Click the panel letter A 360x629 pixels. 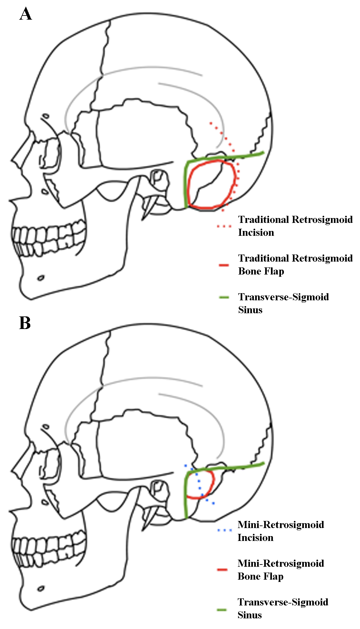coord(26,14)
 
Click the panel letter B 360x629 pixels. coord(25,323)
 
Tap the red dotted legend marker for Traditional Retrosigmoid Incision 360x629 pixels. coord(224,226)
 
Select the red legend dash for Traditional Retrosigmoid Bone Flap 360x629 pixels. coord(224,265)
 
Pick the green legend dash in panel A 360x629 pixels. coord(224,297)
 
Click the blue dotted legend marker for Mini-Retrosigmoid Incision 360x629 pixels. coord(224,530)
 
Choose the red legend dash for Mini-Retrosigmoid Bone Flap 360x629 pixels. coord(223,570)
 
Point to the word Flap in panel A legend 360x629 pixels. coord(274,272)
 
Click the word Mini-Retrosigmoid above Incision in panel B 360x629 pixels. coord(281,525)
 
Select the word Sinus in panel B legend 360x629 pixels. coord(250,615)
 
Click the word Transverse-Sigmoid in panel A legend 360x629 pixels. coord(284,297)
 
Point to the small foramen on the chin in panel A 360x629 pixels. coord(41,278)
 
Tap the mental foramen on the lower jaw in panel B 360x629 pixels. coord(41,589)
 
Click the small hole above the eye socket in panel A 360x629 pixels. coord(46,116)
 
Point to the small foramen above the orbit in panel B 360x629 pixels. coord(46,426)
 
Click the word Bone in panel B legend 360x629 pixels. coord(248,576)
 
